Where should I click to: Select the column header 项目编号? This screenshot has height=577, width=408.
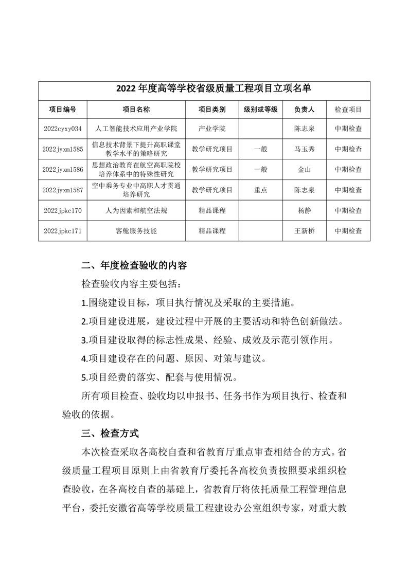point(63,110)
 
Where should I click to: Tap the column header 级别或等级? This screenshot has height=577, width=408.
point(260,110)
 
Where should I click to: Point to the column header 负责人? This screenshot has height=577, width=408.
point(304,110)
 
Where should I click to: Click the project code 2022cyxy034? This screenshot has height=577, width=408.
point(63,129)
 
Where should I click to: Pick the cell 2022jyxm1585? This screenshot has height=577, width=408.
point(63,149)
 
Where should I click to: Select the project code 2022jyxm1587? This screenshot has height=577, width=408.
point(63,190)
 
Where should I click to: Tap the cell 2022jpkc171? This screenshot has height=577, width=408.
point(63,231)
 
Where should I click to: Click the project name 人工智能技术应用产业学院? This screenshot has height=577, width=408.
point(136,129)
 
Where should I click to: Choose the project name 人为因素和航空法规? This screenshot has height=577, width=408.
point(136,210)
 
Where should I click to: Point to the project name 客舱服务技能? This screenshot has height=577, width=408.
point(136,231)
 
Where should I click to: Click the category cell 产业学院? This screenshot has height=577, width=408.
point(212,129)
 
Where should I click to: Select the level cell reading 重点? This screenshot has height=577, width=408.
point(260,190)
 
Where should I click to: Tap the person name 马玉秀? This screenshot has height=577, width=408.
point(304,149)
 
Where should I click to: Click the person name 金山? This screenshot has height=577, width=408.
point(304,170)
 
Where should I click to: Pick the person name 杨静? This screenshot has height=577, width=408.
point(304,210)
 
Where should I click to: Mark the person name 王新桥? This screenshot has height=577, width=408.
point(304,231)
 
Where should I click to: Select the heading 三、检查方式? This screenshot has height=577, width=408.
point(110,434)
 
